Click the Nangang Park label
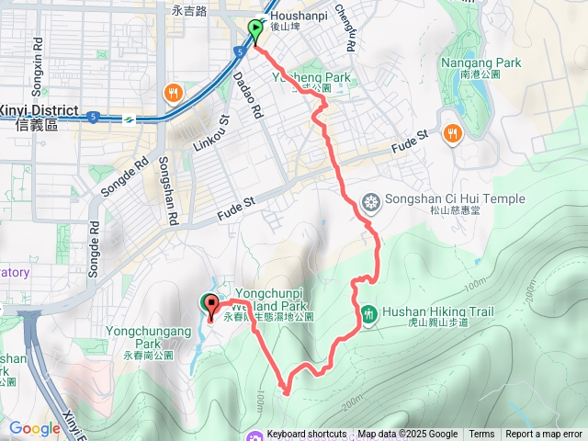[x=481, y=62]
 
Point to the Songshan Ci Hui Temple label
[x=456, y=198]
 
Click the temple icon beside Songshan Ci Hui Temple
[x=371, y=201]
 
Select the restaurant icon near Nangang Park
[x=452, y=135]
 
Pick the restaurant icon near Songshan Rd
[x=172, y=93]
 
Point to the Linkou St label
[x=210, y=134]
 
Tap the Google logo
[x=35, y=428]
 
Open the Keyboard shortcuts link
[x=306, y=435]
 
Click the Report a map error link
[x=544, y=435]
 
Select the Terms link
[x=481, y=435]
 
